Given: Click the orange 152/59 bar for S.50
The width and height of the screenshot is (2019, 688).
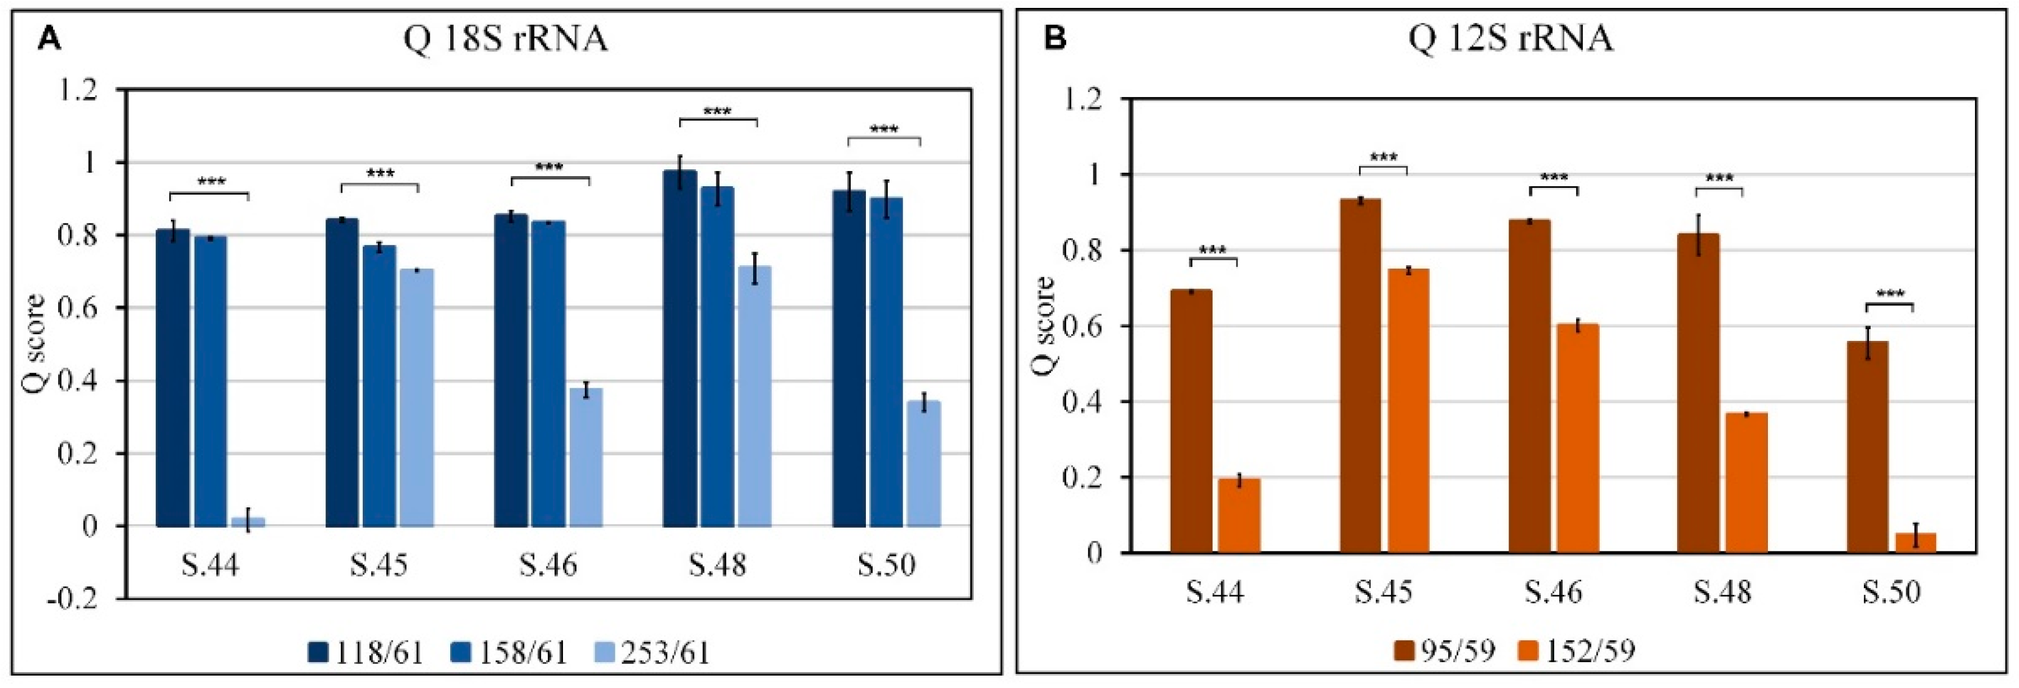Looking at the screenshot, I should (1916, 543).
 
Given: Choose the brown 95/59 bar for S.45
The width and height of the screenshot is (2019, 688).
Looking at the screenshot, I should (1361, 376).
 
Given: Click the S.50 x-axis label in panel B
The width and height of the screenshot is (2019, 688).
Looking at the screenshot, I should (1892, 591).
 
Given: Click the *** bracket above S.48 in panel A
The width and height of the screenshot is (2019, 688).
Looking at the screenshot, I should (718, 115).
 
